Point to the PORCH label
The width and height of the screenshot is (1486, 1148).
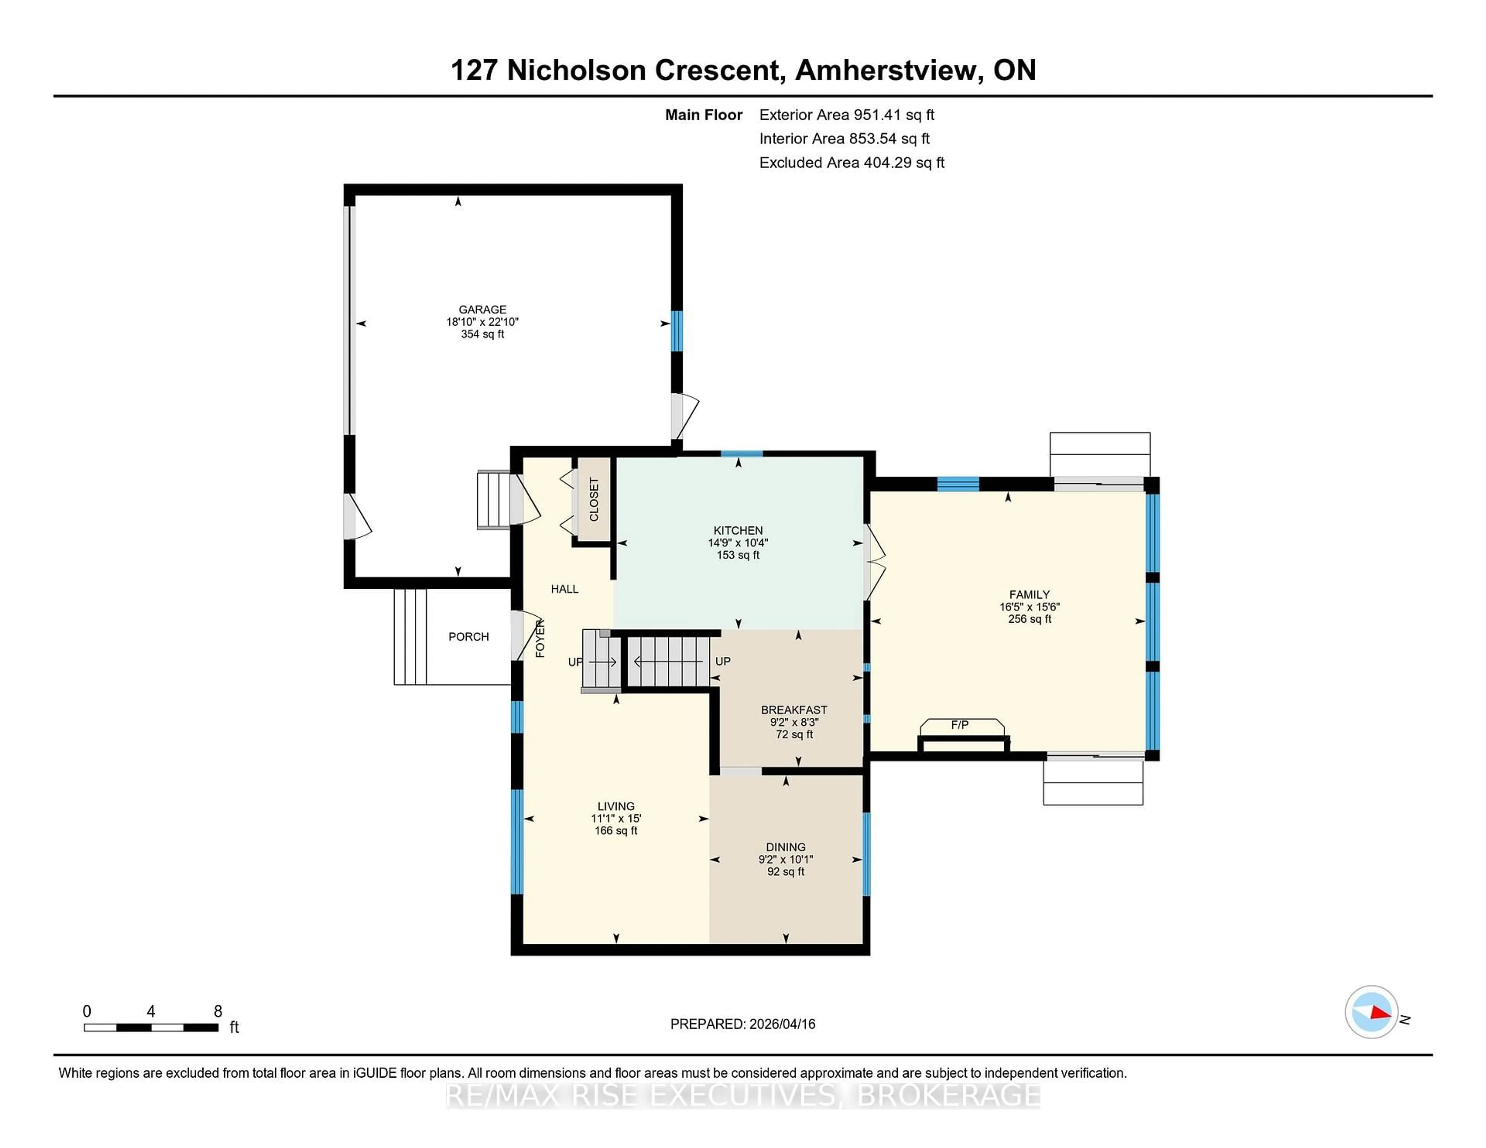468,637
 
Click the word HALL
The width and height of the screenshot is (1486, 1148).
564,589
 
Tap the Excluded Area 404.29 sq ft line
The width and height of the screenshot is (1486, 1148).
851,162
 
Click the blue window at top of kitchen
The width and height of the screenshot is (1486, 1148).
741,454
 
